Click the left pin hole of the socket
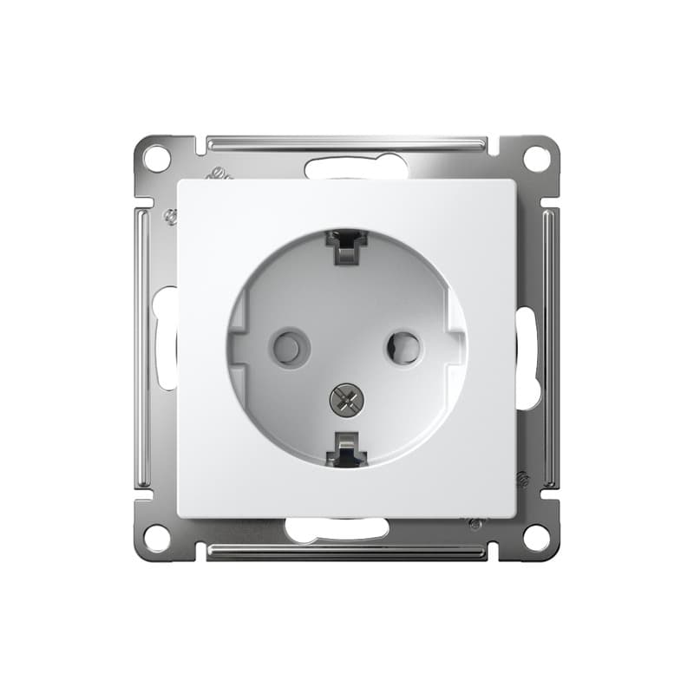(290, 348)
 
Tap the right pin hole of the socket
(403, 348)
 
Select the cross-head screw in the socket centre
(347, 399)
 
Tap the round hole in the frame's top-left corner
(156, 159)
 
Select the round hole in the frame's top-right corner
(537, 159)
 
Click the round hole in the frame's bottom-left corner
(156, 537)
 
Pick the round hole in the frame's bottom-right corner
(537, 537)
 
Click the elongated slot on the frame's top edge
(357, 166)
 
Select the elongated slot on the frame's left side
(165, 338)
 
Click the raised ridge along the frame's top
(347, 141)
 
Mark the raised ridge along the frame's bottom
(347, 551)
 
